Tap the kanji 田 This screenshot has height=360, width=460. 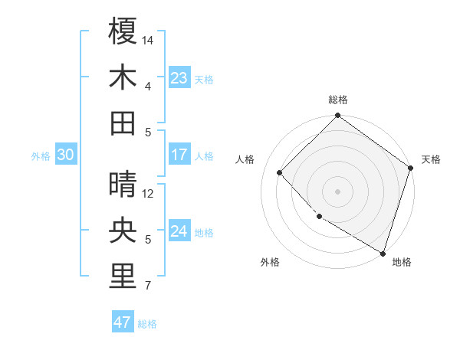pos(123,123)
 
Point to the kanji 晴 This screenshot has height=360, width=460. pos(123,185)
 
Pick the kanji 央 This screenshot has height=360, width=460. pos(123,231)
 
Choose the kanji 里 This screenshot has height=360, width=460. pos(123,277)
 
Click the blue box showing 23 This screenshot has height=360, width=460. pos(179,78)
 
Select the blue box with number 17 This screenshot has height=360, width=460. pos(179,155)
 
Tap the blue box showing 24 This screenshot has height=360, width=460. pos(179,231)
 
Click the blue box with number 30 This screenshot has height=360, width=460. pos(65,155)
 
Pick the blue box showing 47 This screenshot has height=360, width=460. pos(123,322)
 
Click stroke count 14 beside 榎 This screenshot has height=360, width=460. pos(149,39)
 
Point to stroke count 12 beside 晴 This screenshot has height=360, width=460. pos(149,193)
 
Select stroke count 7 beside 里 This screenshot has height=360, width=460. pos(148,286)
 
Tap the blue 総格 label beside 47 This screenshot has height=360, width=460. pos(147,324)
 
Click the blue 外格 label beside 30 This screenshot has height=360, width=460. pos(41,156)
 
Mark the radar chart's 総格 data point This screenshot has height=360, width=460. pos(337,116)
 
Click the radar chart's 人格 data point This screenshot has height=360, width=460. pos(280,172)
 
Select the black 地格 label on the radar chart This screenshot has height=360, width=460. pos(402,262)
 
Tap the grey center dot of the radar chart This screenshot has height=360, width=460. pos(337,191)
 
